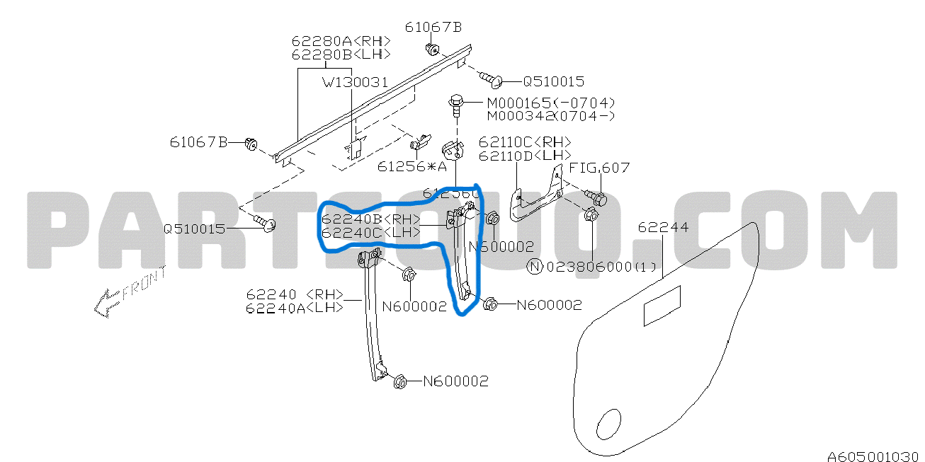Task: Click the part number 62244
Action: pos(662,228)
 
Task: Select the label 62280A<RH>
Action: pos(341,40)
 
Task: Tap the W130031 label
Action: pos(355,83)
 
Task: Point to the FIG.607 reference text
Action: pos(600,168)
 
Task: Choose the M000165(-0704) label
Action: pos(550,103)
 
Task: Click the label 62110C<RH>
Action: pos(524,142)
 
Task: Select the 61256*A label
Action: pos(412,167)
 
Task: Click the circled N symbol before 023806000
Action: pos(535,267)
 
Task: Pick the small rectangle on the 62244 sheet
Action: pos(662,306)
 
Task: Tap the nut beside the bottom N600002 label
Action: pos(399,381)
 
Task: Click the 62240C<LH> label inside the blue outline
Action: pos(370,232)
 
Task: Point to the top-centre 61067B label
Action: pos(433,28)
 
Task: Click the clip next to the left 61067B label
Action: pos(250,144)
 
